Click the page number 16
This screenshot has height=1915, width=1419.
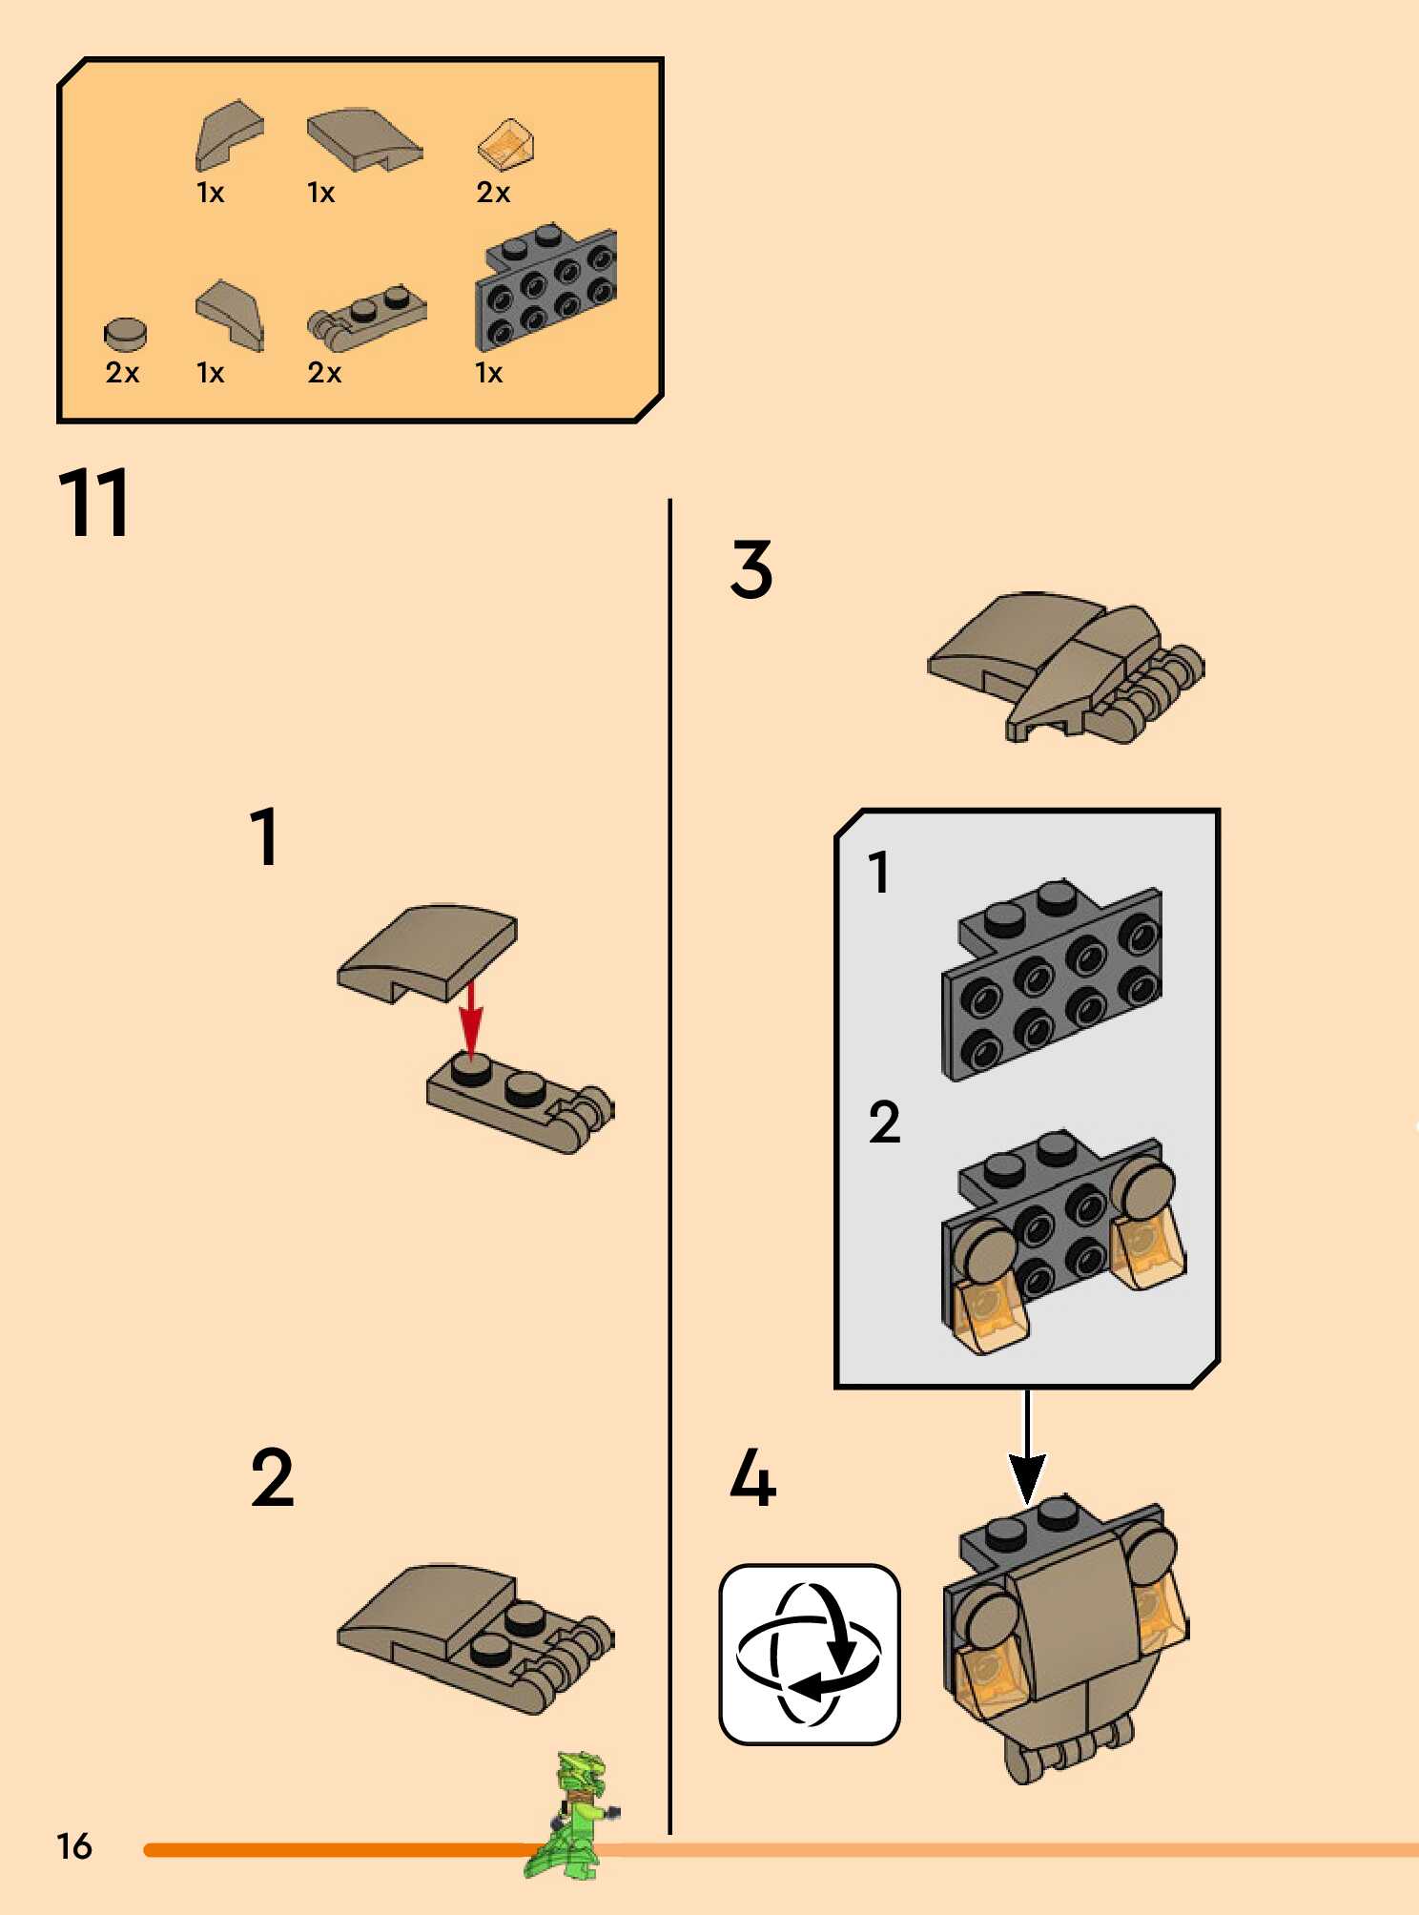click(x=74, y=1846)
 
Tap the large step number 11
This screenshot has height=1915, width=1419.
click(x=93, y=503)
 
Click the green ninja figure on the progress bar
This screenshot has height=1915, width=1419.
click(x=572, y=1817)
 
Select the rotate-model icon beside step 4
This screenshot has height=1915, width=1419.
click(x=809, y=1655)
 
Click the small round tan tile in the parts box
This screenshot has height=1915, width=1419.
click(x=125, y=333)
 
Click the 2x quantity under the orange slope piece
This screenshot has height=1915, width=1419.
click(x=493, y=193)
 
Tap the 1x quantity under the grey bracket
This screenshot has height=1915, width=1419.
click(x=488, y=373)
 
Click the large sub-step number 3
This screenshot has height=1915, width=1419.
click(x=751, y=569)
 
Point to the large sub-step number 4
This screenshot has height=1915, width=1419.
click(x=752, y=1477)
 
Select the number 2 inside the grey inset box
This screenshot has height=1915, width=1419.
click(x=884, y=1122)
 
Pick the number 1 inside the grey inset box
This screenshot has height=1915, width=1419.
click(x=878, y=872)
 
